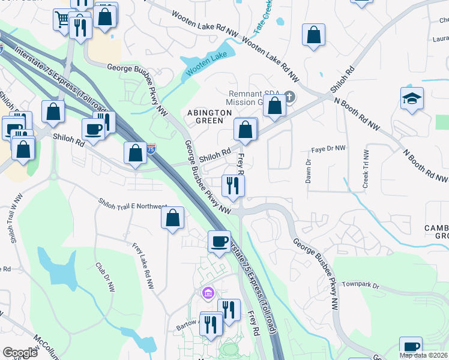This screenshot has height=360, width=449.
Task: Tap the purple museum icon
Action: tap(207, 293)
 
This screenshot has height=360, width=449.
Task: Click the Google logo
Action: tap(20, 352)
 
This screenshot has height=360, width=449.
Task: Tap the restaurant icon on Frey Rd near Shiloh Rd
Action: tap(232, 185)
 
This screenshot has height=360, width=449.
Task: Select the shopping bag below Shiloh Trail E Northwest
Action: tap(172, 217)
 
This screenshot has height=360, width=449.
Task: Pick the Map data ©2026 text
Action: tap(424, 355)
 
